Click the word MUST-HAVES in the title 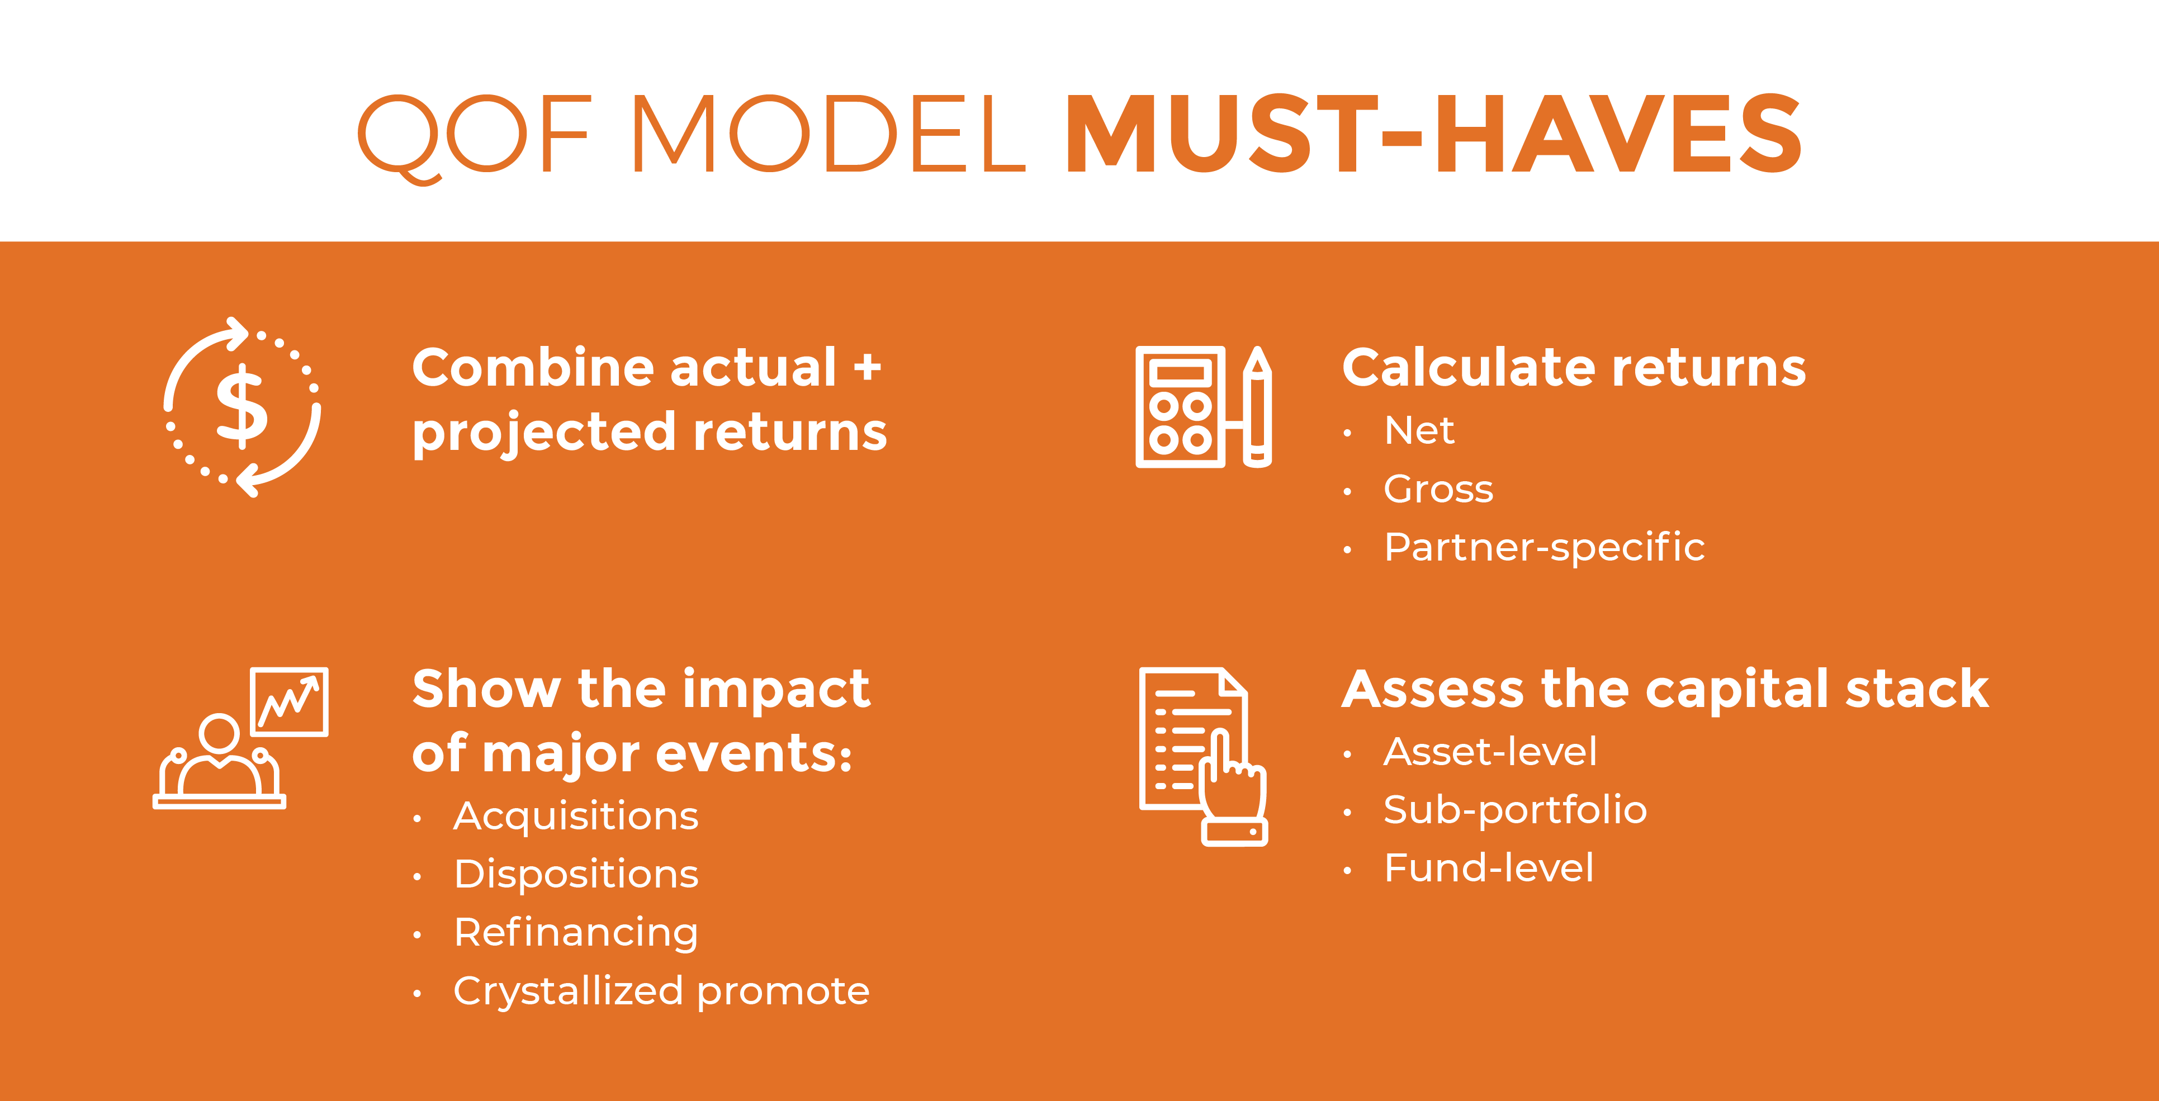1434,134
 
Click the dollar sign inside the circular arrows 242,406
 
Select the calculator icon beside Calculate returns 1180,406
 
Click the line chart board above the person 289,702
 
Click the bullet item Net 1419,431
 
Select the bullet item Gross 1438,490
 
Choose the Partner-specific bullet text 1545,548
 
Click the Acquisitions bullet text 576,816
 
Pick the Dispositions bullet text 576,875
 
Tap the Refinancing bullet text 576,933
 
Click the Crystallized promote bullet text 661,991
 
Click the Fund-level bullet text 1489,868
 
